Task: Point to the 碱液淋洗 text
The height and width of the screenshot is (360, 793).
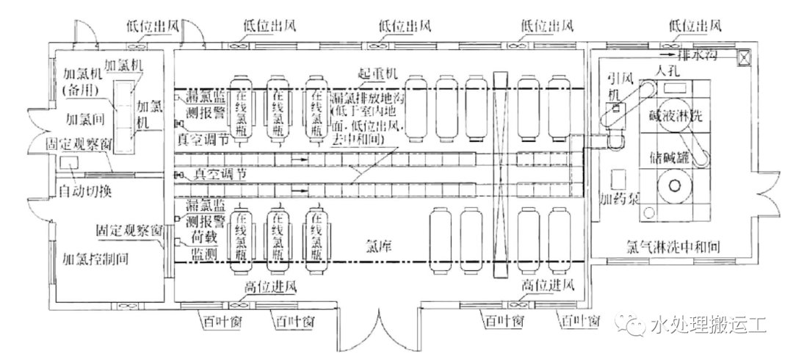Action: tap(676, 115)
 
